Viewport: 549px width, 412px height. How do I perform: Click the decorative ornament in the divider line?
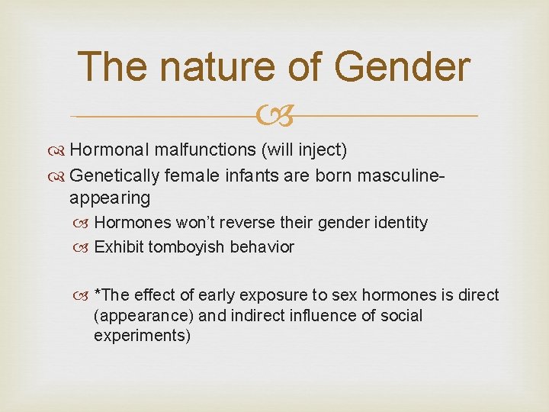point(274,116)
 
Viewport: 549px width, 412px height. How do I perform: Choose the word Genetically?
point(115,175)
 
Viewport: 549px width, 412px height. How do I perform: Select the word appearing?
point(109,198)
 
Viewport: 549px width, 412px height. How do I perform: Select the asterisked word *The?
point(112,295)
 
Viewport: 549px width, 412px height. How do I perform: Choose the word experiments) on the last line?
point(142,336)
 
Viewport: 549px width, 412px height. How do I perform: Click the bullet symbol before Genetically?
point(58,175)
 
